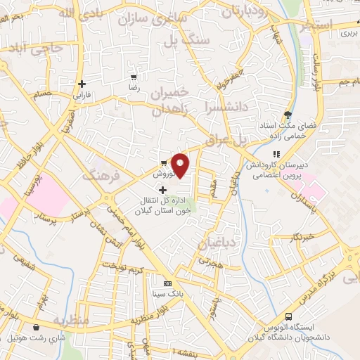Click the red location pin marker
(181, 165)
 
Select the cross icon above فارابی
(82, 83)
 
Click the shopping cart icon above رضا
(134, 77)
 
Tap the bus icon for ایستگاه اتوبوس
(288, 316)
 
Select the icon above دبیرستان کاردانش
(276, 154)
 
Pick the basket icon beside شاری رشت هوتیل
(36, 327)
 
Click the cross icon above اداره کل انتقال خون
(163, 190)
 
